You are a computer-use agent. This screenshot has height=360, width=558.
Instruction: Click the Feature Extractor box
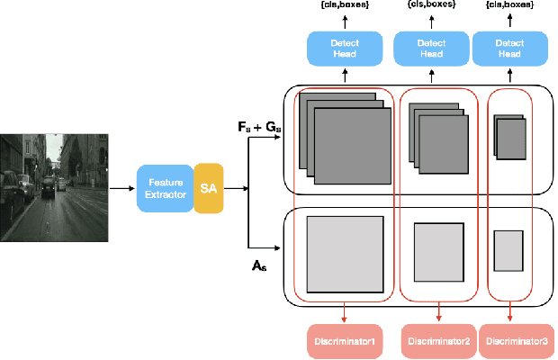pyautogui.click(x=165, y=188)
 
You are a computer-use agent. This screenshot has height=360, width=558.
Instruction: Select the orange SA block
pyautogui.click(x=208, y=188)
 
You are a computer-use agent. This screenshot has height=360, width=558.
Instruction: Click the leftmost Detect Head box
pyautogui.click(x=345, y=48)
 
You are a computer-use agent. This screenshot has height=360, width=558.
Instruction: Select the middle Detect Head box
pyautogui.click(x=431, y=48)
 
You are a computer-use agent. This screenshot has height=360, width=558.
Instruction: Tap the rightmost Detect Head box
pyautogui.click(x=510, y=48)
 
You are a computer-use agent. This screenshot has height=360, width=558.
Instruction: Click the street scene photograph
pyautogui.click(x=54, y=187)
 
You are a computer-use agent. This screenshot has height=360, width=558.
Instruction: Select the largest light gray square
pyautogui.click(x=344, y=254)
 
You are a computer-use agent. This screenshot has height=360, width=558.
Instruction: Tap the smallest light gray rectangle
pyautogui.click(x=508, y=250)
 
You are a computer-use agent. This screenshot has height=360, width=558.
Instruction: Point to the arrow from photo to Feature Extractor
pyautogui.click(x=121, y=188)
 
